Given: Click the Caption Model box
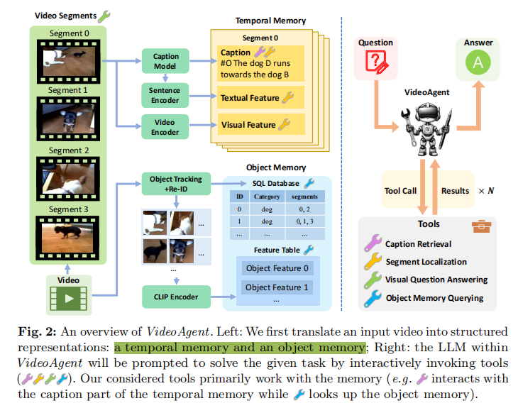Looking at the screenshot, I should point(165,60).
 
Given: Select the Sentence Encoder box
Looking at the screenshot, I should point(165,95).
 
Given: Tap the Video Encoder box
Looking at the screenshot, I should point(165,127).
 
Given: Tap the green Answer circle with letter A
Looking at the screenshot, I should point(478,63).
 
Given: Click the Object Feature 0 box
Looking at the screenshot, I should point(277,268).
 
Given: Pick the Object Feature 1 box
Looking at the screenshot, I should point(277,287).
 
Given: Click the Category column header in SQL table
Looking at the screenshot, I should point(268,196).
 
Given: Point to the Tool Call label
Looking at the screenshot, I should point(401,190).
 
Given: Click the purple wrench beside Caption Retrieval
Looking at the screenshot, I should point(373,244).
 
